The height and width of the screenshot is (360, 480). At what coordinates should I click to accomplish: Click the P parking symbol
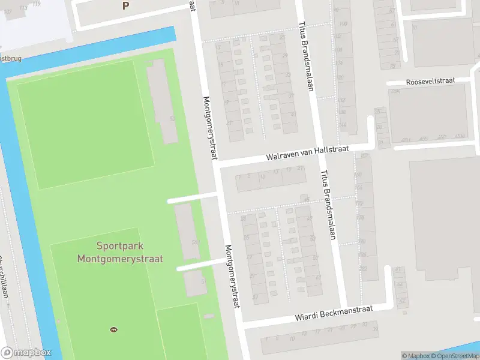[125, 6]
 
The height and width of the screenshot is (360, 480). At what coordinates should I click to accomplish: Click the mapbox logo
[26, 353]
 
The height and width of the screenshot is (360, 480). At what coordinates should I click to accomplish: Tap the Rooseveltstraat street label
[430, 80]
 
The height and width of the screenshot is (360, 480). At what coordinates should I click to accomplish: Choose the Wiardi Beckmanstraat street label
[334, 313]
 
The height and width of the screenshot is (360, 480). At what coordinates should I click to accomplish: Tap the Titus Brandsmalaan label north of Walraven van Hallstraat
[306, 57]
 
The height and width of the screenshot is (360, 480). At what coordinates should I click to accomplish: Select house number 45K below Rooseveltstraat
[395, 91]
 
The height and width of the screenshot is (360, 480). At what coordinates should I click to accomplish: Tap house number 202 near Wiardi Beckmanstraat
[362, 268]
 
